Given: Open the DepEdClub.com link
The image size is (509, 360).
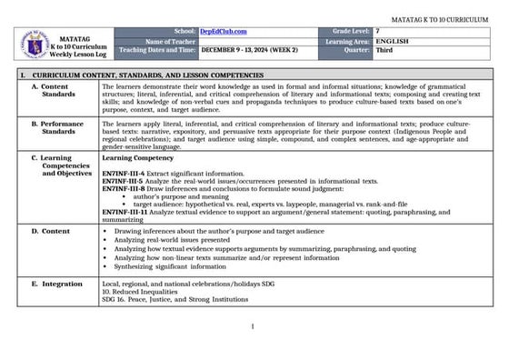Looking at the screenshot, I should [223, 32].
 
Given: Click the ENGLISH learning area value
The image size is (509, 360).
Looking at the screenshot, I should [391, 42].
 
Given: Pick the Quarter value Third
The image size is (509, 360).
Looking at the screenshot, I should [384, 52].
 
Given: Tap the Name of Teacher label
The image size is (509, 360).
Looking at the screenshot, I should [170, 42].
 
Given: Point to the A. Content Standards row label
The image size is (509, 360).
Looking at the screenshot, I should [59, 89].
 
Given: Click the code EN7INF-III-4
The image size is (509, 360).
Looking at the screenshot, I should [123, 173].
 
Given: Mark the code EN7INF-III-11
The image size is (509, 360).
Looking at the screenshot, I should [125, 212].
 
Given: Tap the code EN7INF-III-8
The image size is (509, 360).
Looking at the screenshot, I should [123, 188].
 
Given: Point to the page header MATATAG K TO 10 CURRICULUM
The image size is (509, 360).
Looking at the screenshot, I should [441, 18].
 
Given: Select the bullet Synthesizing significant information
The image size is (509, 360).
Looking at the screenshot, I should [170, 267].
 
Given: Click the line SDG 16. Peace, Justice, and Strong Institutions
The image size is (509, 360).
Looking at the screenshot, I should [176, 299].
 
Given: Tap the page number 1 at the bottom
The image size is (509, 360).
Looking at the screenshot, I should [253, 327].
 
